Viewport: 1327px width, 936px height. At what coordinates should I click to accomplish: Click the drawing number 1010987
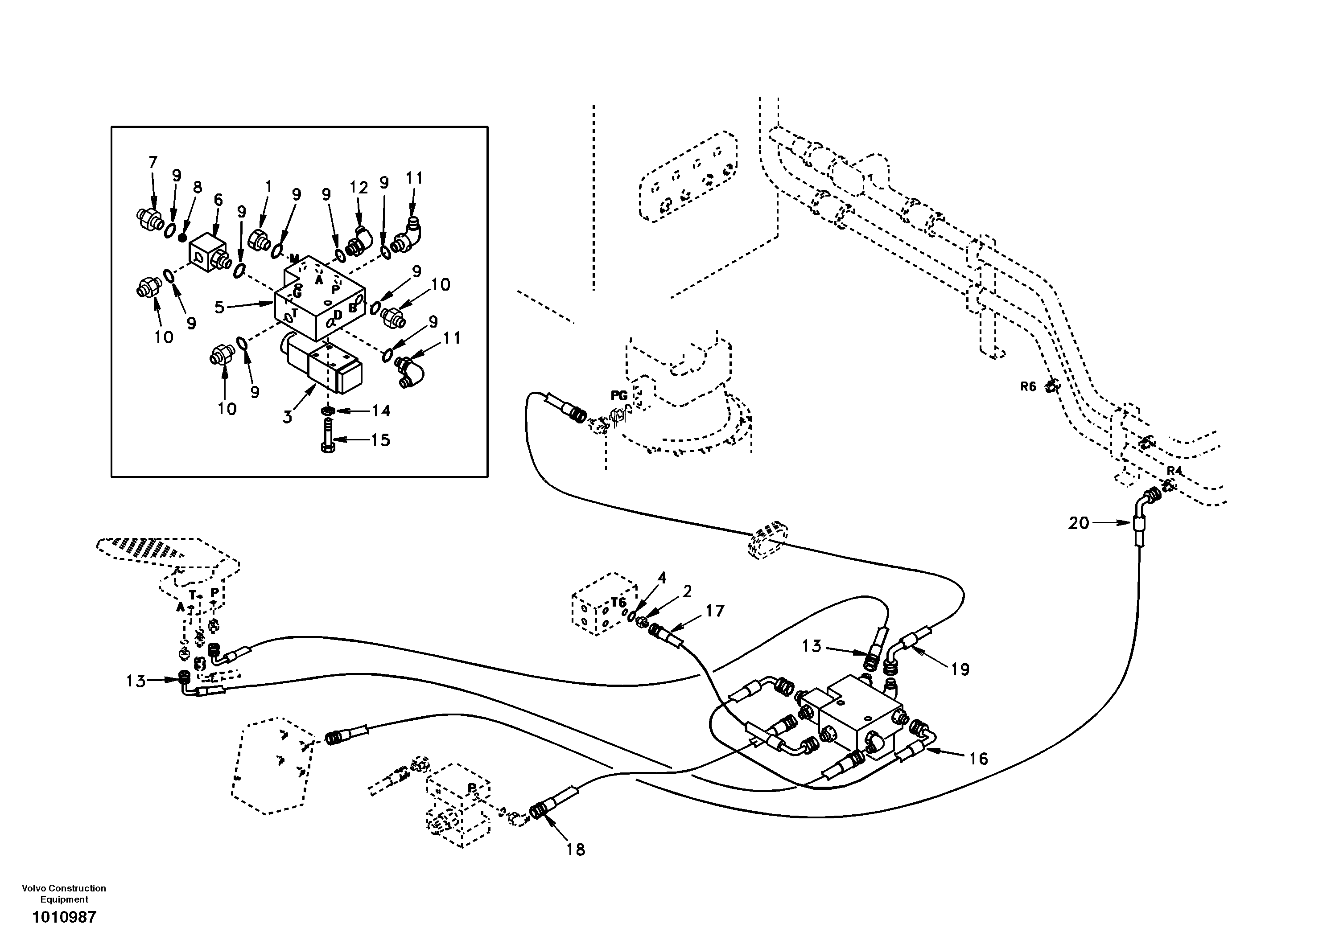point(64,917)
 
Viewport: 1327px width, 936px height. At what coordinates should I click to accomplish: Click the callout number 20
point(1079,523)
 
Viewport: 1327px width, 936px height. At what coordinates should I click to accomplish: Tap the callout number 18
point(576,850)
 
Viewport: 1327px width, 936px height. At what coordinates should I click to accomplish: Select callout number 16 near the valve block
point(978,758)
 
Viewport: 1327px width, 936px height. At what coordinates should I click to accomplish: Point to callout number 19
point(960,669)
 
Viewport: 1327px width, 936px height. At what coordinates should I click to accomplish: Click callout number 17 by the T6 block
point(715,611)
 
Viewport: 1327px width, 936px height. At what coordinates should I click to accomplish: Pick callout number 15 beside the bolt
point(380,440)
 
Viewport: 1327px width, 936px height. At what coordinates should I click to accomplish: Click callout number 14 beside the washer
point(381,411)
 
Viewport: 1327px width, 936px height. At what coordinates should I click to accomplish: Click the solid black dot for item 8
point(183,237)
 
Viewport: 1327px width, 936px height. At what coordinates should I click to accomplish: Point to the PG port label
point(619,396)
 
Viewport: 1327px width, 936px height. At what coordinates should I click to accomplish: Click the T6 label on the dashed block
point(618,603)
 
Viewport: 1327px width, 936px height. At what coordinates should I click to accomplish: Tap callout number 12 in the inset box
point(359,188)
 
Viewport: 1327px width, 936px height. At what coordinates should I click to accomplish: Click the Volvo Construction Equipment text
point(64,893)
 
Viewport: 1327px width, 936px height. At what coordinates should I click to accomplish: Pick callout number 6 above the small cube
point(218,200)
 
